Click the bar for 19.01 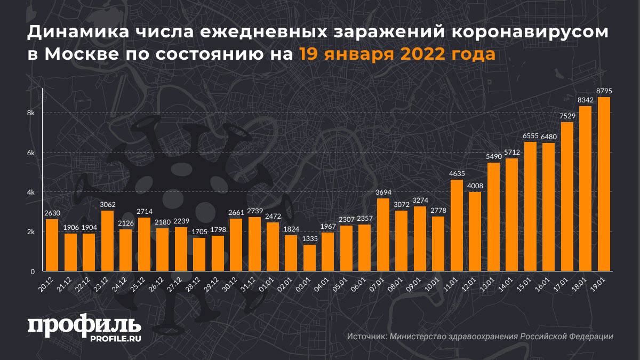click(604, 184)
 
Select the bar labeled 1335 click(309, 258)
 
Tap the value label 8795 click(604, 91)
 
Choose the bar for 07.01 click(383, 235)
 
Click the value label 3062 click(107, 205)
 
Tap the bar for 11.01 click(457, 225)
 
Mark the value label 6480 click(549, 137)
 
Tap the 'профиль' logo click(84, 325)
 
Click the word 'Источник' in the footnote click(366, 337)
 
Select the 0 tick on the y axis click(33, 271)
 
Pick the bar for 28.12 click(199, 254)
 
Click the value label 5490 click(493, 157)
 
